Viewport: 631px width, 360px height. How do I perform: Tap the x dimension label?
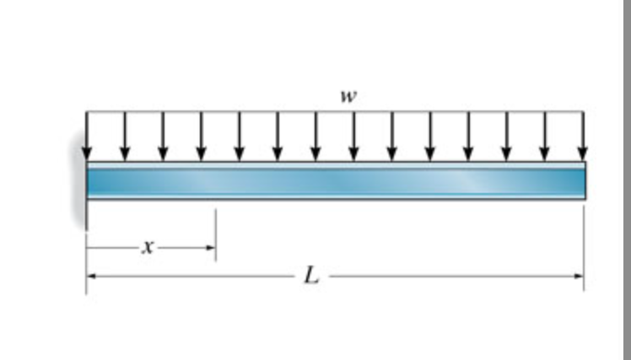tap(148, 248)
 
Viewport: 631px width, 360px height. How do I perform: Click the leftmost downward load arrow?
tap(86, 135)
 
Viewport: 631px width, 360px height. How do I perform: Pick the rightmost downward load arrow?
tap(582, 135)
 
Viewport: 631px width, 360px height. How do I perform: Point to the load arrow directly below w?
tap(353, 135)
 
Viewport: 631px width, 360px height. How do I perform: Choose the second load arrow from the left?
tap(125, 135)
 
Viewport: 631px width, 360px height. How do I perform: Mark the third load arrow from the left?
tap(163, 135)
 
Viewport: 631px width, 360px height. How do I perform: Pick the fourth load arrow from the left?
tap(201, 135)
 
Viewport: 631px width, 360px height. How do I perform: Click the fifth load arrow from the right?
tap(429, 135)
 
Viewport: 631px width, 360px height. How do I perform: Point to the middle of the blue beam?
tap(336, 180)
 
